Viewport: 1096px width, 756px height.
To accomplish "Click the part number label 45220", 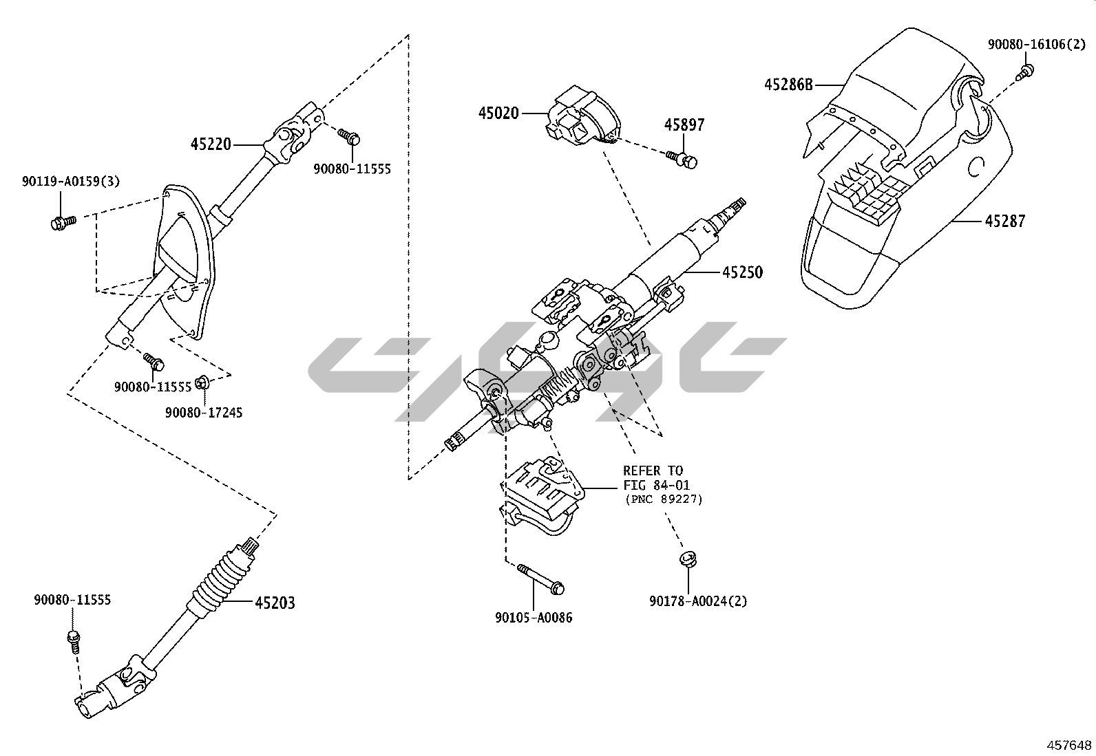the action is click(211, 144).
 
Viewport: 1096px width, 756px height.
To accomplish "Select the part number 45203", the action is click(275, 603).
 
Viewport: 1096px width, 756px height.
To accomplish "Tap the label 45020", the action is click(498, 114).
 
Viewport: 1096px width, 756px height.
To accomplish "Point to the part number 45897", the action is click(684, 125).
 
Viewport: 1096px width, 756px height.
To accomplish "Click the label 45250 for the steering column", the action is click(743, 272).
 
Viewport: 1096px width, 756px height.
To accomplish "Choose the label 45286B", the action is click(788, 85).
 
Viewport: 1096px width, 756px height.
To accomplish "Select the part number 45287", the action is click(1005, 221).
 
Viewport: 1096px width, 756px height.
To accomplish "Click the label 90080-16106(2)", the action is click(1036, 45).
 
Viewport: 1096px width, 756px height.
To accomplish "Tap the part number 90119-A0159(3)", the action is click(70, 182).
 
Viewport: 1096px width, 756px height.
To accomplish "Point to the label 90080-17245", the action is click(204, 413).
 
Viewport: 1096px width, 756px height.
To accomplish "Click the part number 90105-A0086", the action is click(534, 618).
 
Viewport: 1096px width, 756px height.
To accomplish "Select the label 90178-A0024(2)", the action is click(698, 601).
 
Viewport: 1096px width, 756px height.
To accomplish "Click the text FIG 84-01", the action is click(656, 485).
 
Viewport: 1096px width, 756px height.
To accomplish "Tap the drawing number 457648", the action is click(1069, 745).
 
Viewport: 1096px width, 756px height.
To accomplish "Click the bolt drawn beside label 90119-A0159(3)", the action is click(63, 222).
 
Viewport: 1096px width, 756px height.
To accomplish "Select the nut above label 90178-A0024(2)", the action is click(688, 559).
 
